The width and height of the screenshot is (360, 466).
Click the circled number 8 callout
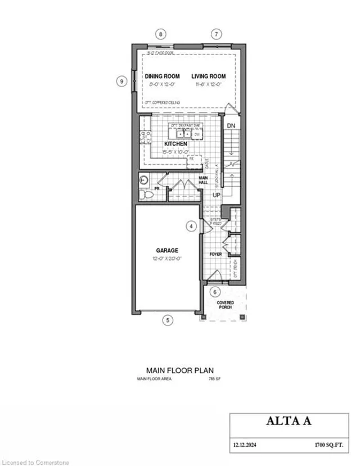tap(161, 34)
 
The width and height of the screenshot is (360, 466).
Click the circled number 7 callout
tap(217, 34)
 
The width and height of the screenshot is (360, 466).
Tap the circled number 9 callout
tap(121, 81)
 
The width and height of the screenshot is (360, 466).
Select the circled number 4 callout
tap(191, 226)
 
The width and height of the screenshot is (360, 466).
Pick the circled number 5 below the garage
tap(167, 320)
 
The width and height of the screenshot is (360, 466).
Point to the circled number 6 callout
tap(214, 292)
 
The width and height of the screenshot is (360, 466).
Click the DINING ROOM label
tap(163, 76)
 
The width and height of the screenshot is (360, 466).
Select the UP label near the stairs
tap(217, 194)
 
